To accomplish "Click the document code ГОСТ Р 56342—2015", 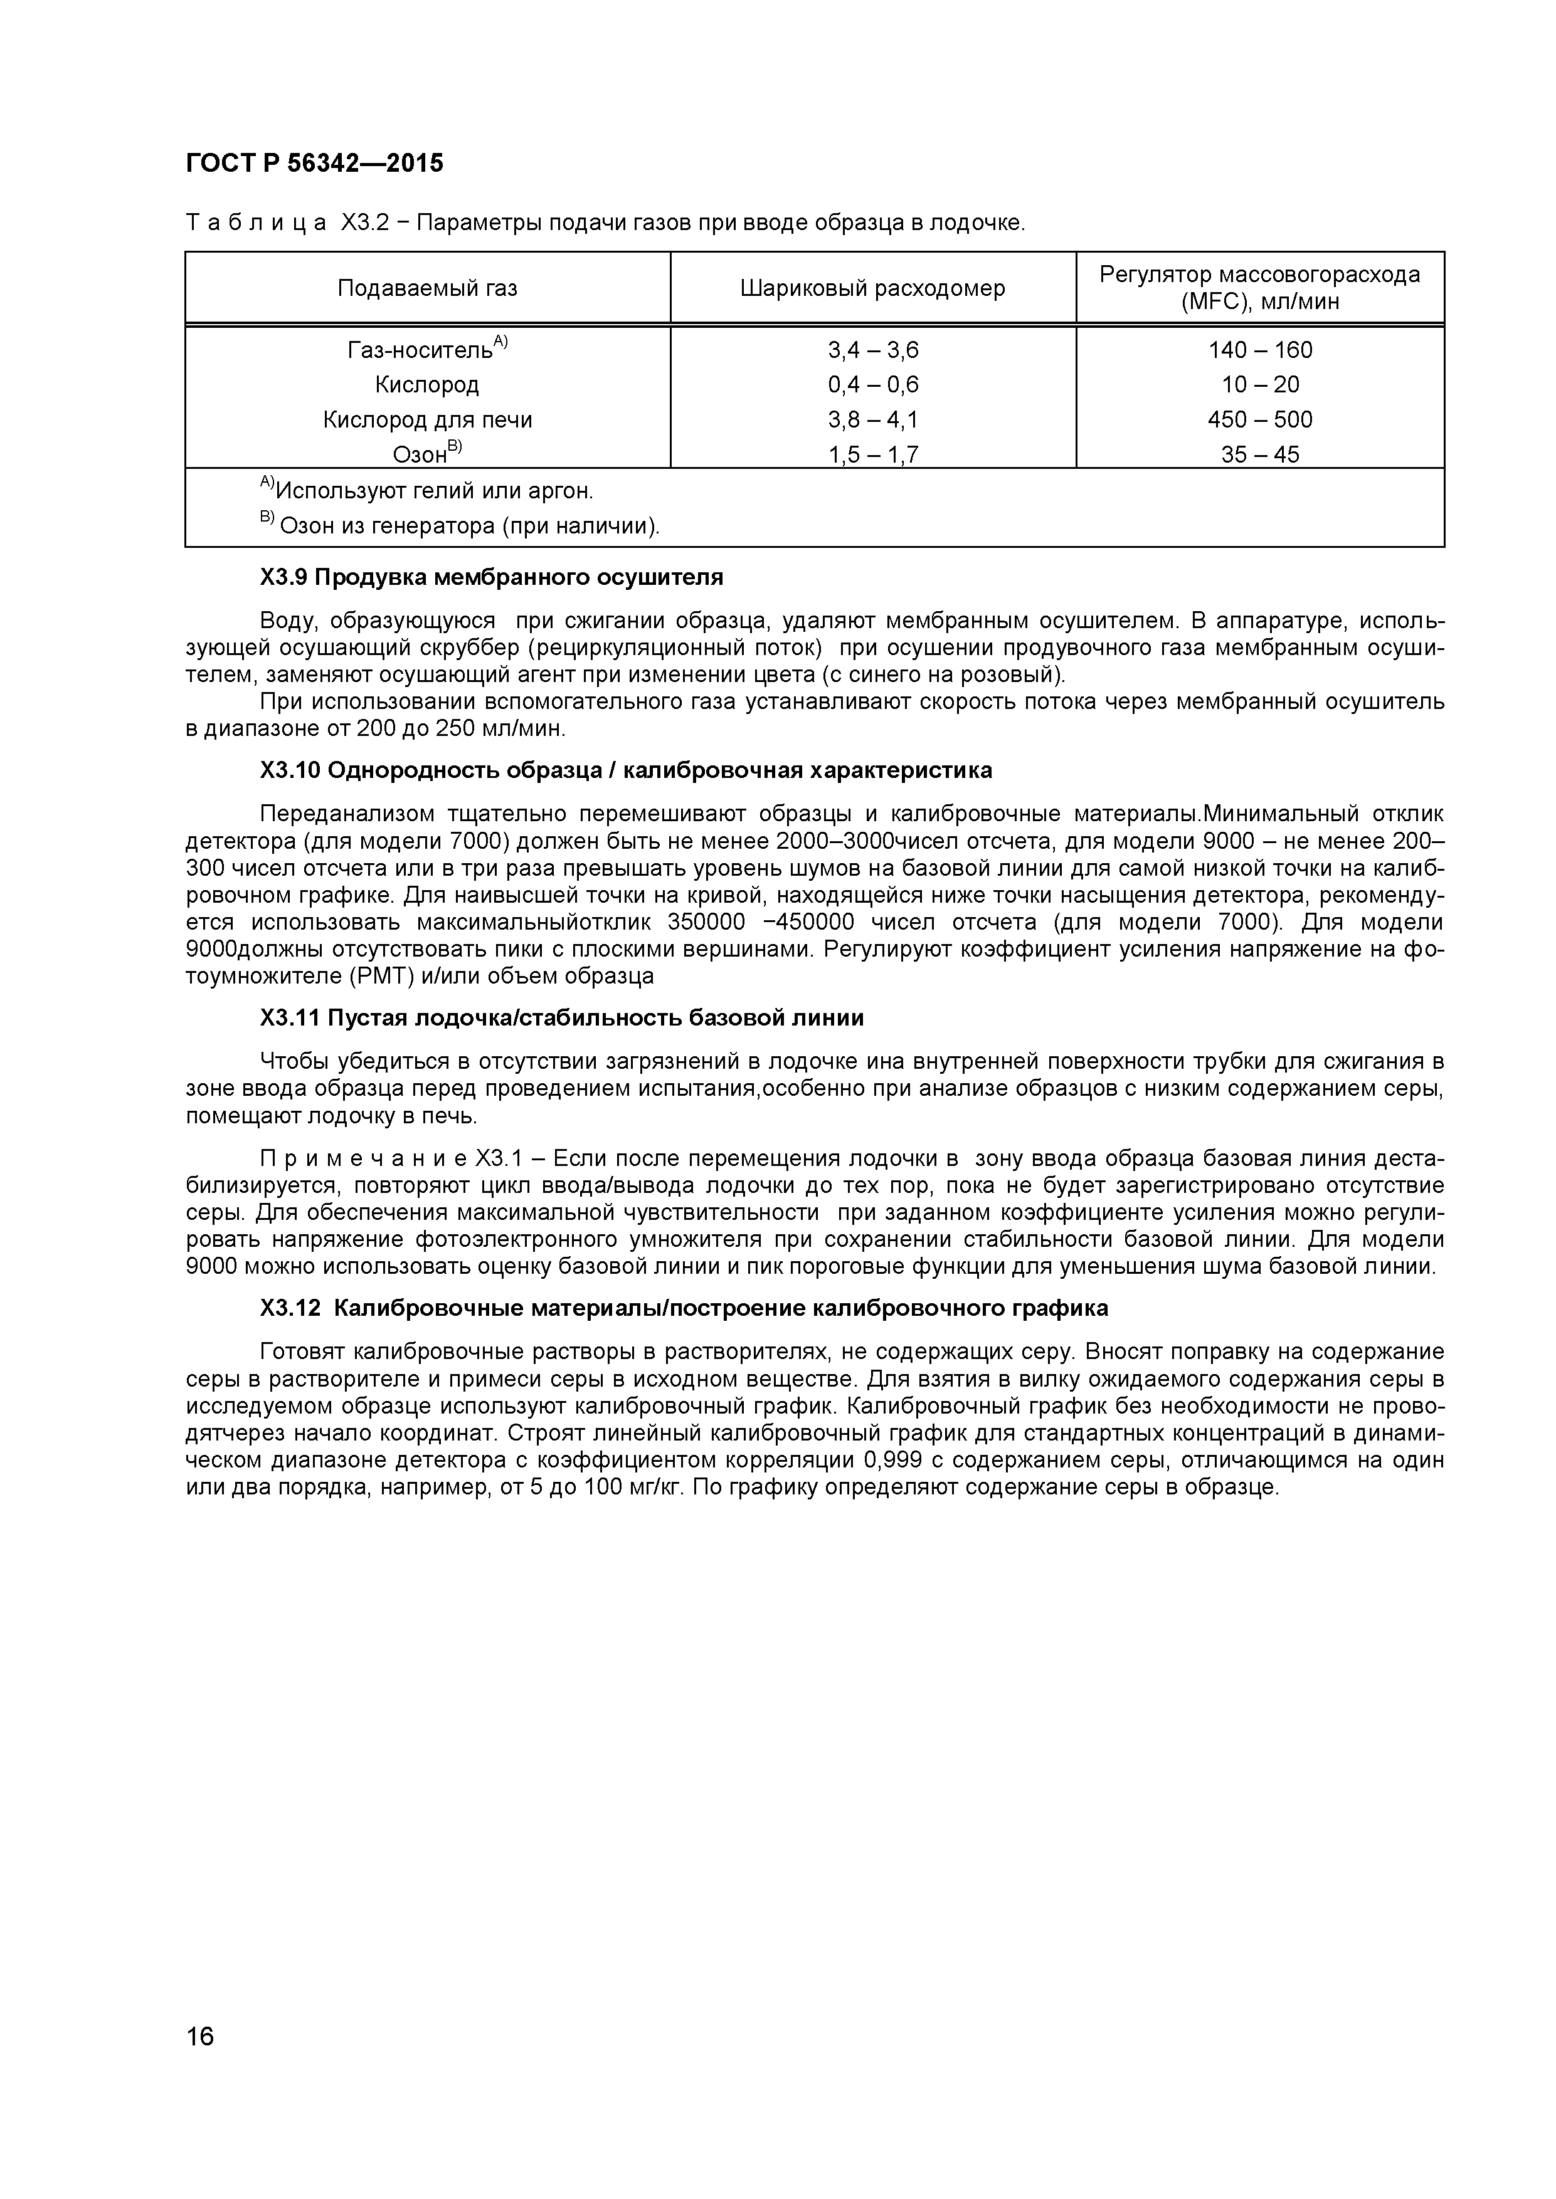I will pos(314,164).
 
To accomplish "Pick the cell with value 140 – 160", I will pos(1260,350).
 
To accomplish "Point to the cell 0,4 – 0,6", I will pos(873,385).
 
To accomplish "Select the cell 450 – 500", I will pos(1260,419).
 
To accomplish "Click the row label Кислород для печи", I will pos(427,419).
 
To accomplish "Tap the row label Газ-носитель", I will pos(421,350).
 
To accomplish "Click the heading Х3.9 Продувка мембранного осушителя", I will pos(492,577).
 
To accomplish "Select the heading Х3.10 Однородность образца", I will pos(626,771).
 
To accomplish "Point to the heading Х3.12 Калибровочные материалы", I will pos(684,1308).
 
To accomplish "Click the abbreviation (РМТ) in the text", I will pos(372,976).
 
